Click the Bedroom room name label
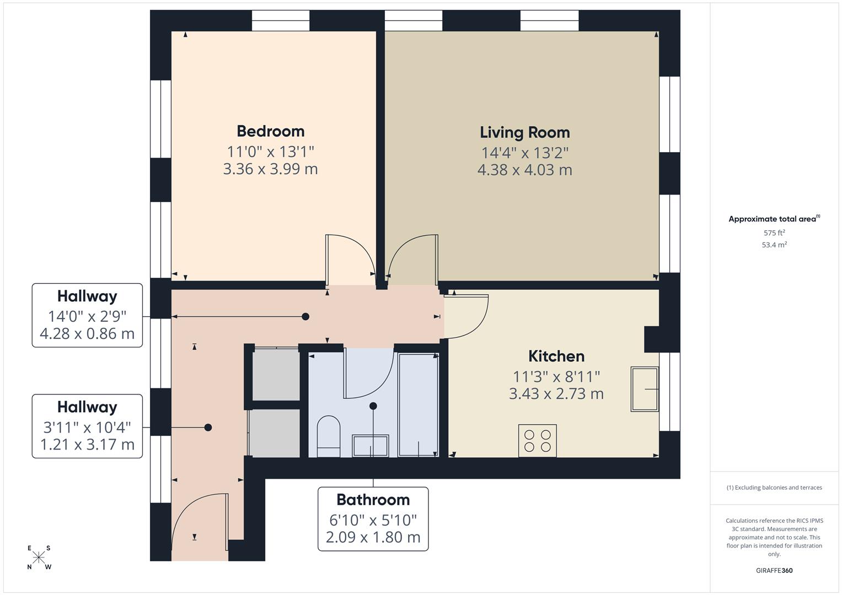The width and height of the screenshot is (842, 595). tap(270, 131)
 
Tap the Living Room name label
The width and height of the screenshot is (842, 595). tap(524, 132)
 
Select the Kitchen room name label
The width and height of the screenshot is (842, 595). tap(556, 356)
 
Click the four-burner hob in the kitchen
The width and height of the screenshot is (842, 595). tap(537, 440)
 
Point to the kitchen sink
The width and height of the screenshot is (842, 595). tap(645, 389)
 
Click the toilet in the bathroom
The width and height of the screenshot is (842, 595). tap(329, 436)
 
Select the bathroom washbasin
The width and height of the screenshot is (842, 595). tap(371, 445)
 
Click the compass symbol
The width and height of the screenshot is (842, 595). tap(39, 558)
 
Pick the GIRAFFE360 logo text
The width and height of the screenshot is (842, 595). tap(774, 570)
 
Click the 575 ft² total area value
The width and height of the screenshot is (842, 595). tap(774, 232)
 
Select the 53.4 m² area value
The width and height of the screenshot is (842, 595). tap(774, 245)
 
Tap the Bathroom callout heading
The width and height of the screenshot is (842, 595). tap(373, 500)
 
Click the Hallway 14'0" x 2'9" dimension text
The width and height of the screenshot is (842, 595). tap(87, 316)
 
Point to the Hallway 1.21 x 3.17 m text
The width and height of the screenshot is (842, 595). tap(87, 444)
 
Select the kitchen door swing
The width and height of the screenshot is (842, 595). tap(466, 317)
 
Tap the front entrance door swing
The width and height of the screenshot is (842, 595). tap(200, 521)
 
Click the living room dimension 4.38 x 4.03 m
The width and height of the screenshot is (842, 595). tap(524, 170)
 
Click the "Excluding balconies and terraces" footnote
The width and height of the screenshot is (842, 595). tap(774, 488)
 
